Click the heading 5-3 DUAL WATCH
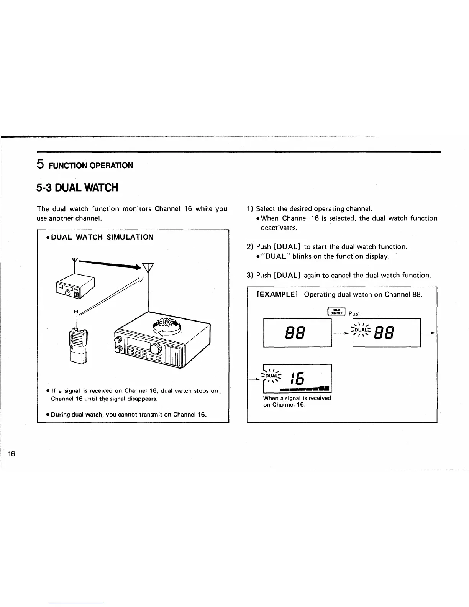click(x=77, y=188)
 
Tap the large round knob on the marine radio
click(x=156, y=349)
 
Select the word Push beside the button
click(x=355, y=313)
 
